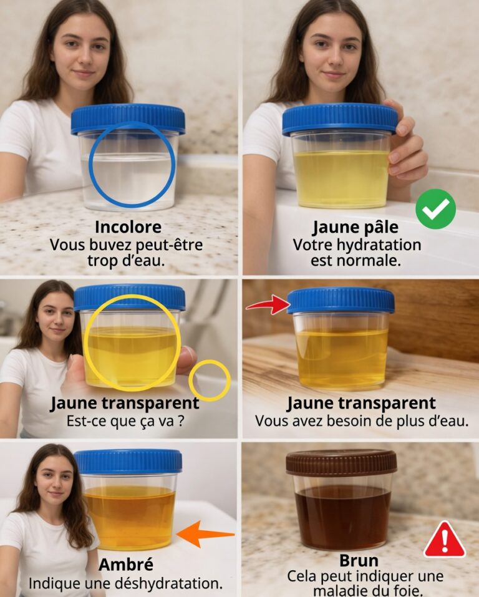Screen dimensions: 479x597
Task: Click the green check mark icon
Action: pos(435,209)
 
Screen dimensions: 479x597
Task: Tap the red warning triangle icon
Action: pos(445,540)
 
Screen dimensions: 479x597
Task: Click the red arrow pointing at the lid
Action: pos(268,304)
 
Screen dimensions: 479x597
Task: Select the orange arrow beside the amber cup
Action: pos(206,534)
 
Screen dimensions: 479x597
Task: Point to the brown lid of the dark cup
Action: pos(341,462)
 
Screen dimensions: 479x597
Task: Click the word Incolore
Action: pos(128,227)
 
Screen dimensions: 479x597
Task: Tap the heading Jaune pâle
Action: pos(356,228)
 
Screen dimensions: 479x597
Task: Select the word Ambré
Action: pos(125,564)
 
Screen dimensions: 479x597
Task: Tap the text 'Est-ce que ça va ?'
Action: pos(125,421)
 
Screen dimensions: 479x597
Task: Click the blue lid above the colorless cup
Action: pos(128,118)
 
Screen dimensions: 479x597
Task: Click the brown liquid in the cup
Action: pos(342,517)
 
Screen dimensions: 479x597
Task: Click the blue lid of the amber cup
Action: pos(128,462)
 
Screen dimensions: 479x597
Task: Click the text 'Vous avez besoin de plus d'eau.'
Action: pos(361,421)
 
